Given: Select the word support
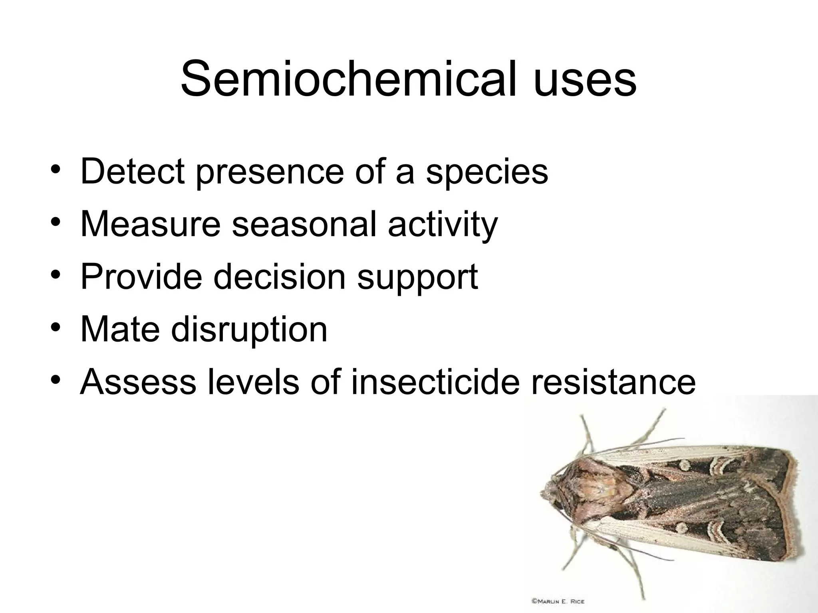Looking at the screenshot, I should click(417, 278).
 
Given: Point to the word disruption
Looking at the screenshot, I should click(249, 330).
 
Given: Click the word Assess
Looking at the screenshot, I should click(138, 382).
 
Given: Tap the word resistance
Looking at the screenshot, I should click(613, 382).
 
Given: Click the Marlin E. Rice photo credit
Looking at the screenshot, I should click(558, 601).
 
